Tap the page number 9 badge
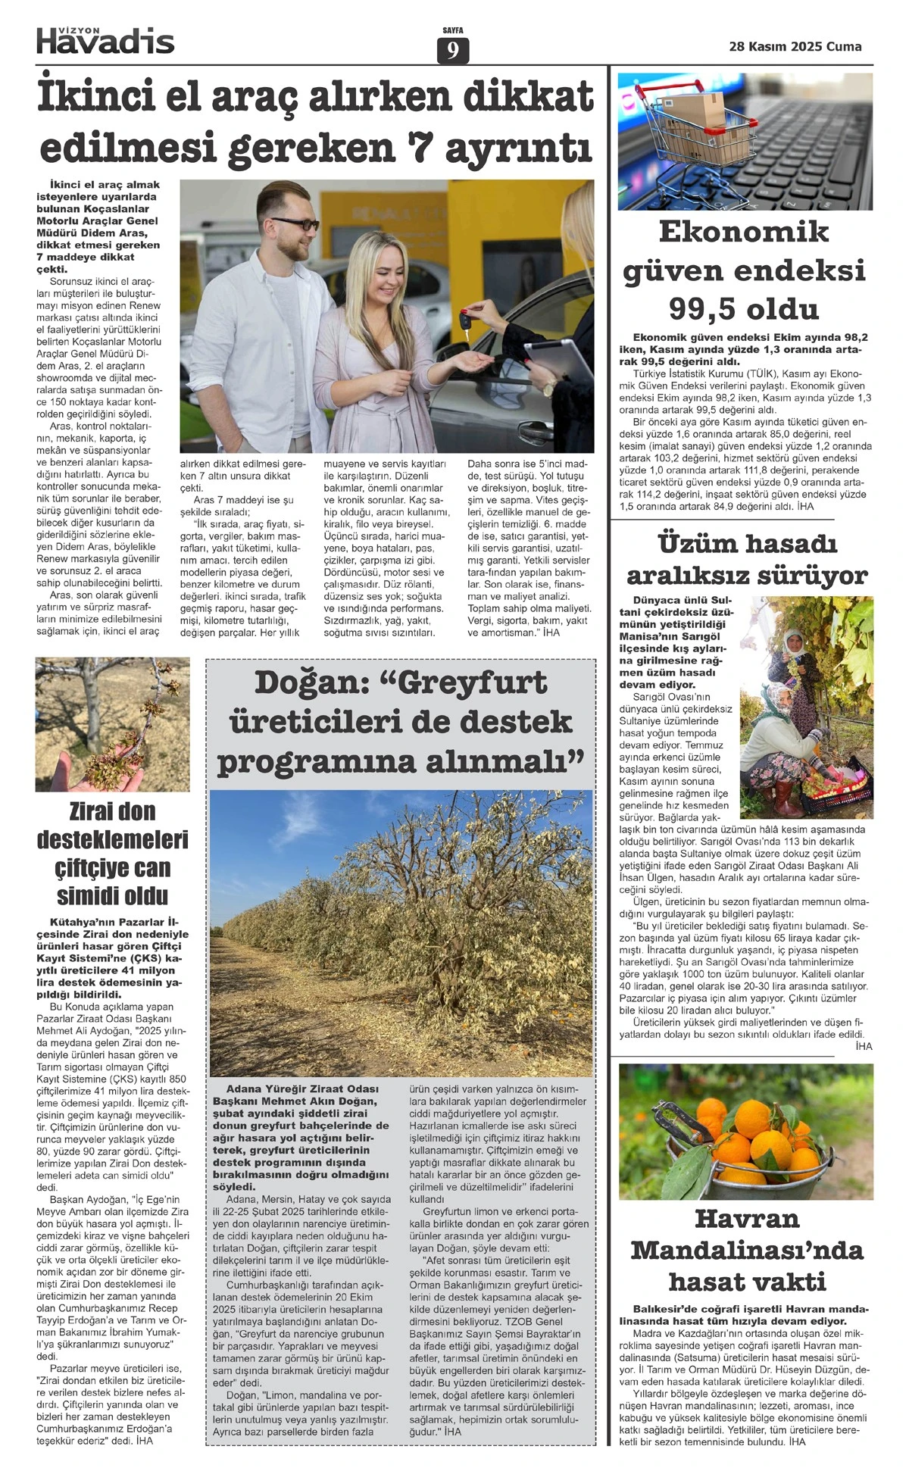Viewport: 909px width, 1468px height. coord(453,51)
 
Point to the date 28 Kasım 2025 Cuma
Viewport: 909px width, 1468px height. coord(795,46)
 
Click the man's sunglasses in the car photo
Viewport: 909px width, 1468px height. coord(295,224)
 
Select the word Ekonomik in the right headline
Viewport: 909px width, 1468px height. coord(744,232)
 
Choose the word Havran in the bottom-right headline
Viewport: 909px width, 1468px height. coord(746,1219)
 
